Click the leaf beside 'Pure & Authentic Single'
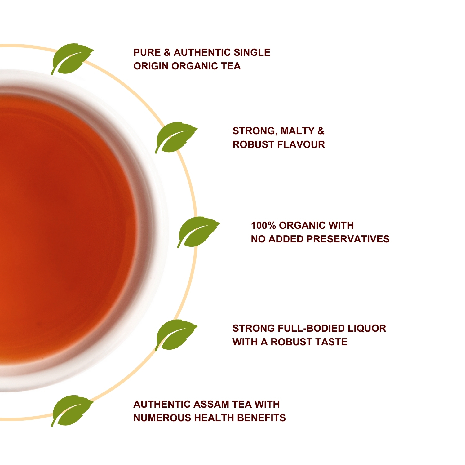(x=71, y=59)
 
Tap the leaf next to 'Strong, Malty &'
(x=175, y=137)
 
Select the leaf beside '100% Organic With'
(x=198, y=232)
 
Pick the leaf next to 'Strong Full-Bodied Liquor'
(x=175, y=335)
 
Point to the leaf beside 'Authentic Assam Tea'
(x=72, y=411)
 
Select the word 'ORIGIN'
(x=151, y=66)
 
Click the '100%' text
(x=263, y=225)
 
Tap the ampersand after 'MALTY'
(x=321, y=131)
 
